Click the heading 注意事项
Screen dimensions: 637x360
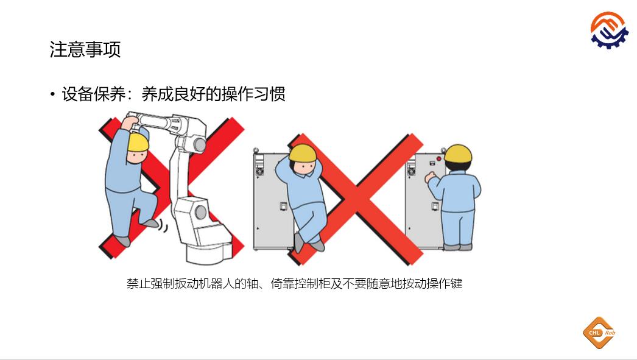(85, 49)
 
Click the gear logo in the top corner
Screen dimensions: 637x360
(610, 30)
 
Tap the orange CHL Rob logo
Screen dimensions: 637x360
(599, 333)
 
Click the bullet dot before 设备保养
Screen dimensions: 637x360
(52, 94)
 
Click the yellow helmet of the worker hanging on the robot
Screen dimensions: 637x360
(138, 142)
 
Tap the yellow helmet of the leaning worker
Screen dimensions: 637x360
(303, 153)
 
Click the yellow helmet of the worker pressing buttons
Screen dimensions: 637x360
(458, 153)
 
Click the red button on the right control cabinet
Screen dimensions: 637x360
(438, 159)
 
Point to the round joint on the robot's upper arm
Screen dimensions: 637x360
(200, 144)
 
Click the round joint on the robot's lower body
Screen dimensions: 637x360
(201, 212)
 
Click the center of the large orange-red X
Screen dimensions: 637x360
(356, 199)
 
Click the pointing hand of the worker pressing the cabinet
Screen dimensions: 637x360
(429, 176)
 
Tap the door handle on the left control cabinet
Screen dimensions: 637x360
(284, 206)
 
